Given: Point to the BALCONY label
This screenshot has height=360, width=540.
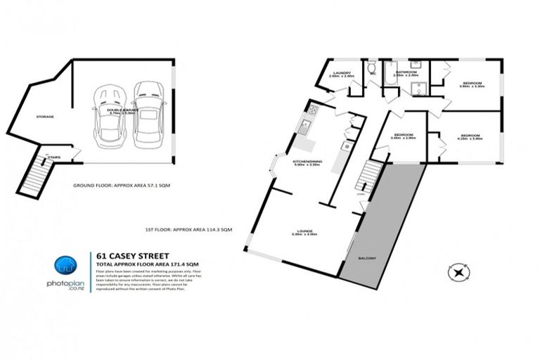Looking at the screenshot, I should coord(370,258).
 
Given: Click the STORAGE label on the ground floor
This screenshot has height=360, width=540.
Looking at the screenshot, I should coord(45,116).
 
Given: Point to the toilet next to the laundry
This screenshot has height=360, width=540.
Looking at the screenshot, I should coord(370,68).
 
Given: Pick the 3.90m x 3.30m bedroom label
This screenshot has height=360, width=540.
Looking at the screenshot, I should coord(471,85).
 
